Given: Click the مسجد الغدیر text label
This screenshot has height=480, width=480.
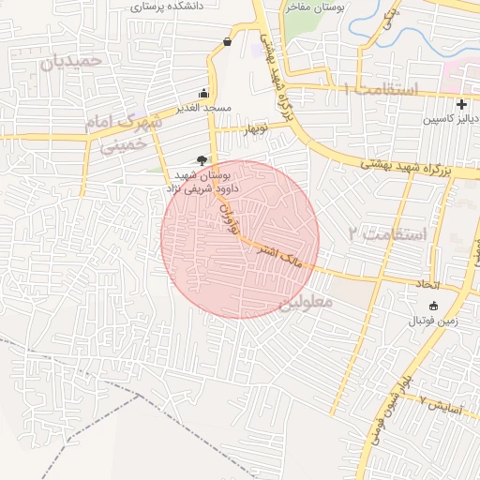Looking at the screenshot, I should click(x=203, y=109).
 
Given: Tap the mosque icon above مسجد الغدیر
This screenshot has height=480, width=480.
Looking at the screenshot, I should click(x=204, y=93).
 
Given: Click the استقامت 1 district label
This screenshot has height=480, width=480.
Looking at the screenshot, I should click(x=381, y=89).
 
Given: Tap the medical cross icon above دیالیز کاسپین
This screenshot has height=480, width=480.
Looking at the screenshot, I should click(x=460, y=103).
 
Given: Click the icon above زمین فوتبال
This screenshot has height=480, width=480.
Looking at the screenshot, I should click(x=433, y=306).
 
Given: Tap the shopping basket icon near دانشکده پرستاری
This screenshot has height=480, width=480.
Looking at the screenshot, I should click(x=228, y=41).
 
